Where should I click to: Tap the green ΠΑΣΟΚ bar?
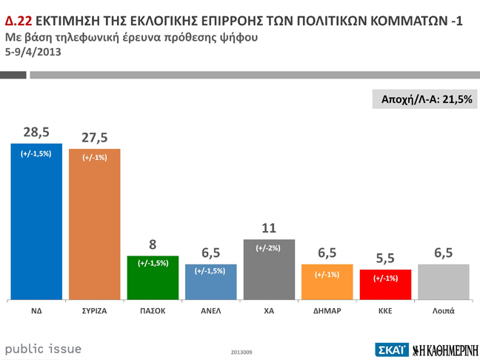(153, 278)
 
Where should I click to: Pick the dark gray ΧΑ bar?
(269, 270)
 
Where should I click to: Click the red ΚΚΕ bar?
(385, 284)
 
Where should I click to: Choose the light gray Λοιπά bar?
(443, 281)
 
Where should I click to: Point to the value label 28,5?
(36, 132)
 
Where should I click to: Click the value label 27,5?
(94, 138)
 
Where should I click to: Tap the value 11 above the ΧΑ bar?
(268, 228)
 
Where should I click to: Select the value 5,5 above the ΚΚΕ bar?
(385, 259)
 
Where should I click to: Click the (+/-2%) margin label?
(268, 248)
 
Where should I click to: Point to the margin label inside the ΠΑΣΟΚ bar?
(153, 263)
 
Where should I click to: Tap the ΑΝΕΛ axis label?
(211, 311)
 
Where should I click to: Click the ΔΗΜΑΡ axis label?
(327, 311)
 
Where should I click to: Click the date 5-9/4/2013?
(33, 52)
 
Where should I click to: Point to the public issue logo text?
(43, 349)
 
